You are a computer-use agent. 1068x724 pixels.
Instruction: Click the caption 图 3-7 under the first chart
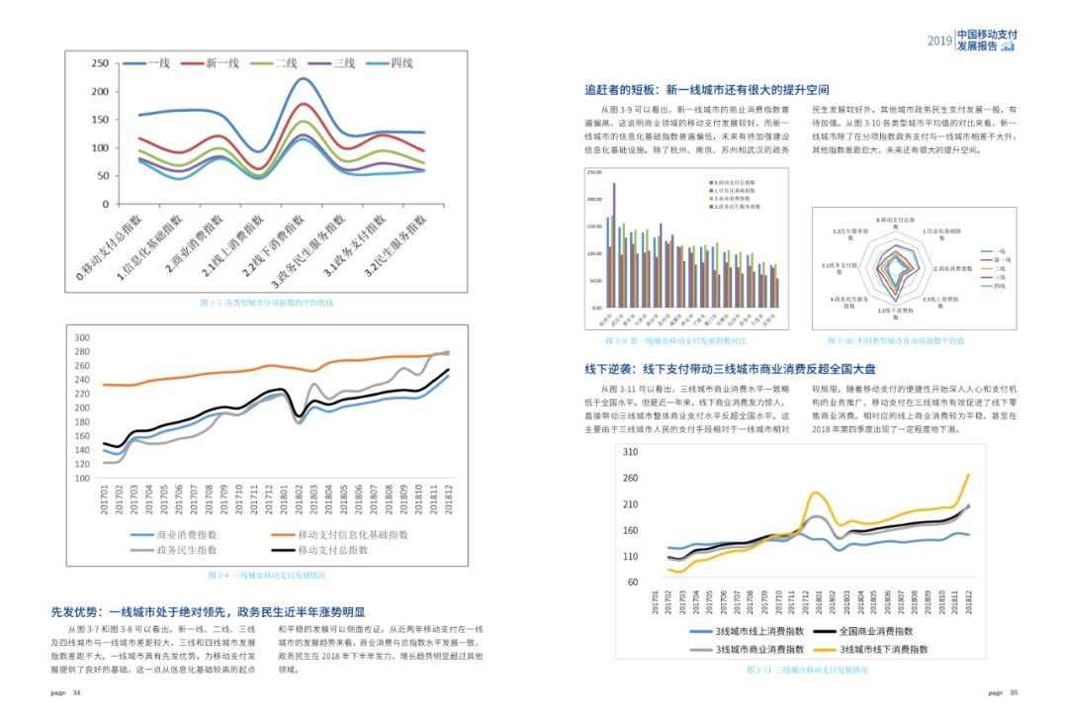pyautogui.click(x=266, y=303)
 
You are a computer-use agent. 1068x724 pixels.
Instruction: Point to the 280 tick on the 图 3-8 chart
pyautogui.click(x=82, y=352)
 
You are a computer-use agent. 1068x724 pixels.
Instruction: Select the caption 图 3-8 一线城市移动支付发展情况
pyautogui.click(x=266, y=575)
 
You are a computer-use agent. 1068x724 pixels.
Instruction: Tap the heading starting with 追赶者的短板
pyautogui.click(x=706, y=90)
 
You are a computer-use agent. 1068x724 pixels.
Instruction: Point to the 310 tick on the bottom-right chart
pyautogui.click(x=630, y=452)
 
